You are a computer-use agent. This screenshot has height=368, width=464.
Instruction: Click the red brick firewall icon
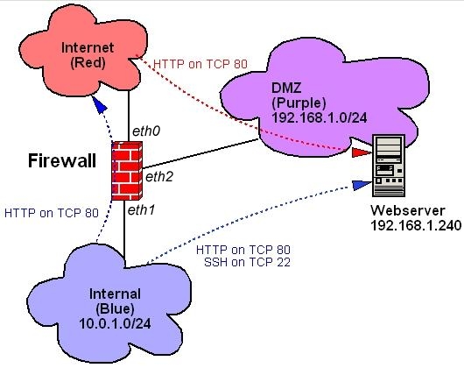pos(127,171)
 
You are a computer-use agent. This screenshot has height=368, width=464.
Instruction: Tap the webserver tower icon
pos(389,166)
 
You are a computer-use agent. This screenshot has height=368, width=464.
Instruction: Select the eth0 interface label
pos(146,131)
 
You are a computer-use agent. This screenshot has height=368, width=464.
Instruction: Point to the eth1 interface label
pos(141,210)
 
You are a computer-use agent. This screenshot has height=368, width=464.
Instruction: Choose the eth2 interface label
pos(159,177)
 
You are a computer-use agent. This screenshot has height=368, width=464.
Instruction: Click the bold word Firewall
pos(62,161)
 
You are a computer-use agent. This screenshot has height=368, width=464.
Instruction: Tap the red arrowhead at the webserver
pos(362,152)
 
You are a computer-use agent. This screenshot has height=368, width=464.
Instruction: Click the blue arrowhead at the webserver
pos(362,185)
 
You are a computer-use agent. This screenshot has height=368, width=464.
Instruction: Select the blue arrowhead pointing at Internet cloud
pos(100,103)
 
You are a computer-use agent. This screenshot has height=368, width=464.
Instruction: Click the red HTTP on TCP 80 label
pos(200,64)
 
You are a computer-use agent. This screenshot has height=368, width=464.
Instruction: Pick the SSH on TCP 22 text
pos(247,262)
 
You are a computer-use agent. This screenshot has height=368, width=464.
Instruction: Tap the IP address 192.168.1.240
pos(416,225)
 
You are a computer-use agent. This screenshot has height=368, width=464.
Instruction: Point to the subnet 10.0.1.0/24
pos(115,323)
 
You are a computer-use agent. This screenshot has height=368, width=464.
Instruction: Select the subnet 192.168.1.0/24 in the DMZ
pos(319,117)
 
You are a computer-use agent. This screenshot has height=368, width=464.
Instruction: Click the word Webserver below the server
pos(408,210)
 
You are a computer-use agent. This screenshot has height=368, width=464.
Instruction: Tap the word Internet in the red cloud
pos(88,47)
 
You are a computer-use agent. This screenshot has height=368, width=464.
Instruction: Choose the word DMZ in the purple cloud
pos(286,88)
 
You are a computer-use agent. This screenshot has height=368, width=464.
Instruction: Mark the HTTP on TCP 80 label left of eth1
pos(51,213)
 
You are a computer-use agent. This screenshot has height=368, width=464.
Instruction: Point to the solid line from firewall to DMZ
pos(199,154)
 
